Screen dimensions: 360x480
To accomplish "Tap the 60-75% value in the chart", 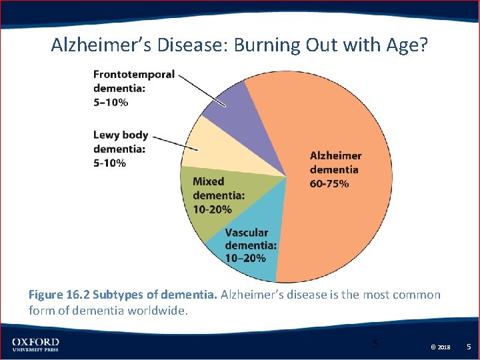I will (329, 183).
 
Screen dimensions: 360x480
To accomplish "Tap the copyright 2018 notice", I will (441, 347).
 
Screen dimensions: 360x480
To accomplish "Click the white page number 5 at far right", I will (469, 347).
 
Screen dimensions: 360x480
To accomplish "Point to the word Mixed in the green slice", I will (208, 181).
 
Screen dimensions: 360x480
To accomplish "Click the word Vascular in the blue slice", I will (247, 233).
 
